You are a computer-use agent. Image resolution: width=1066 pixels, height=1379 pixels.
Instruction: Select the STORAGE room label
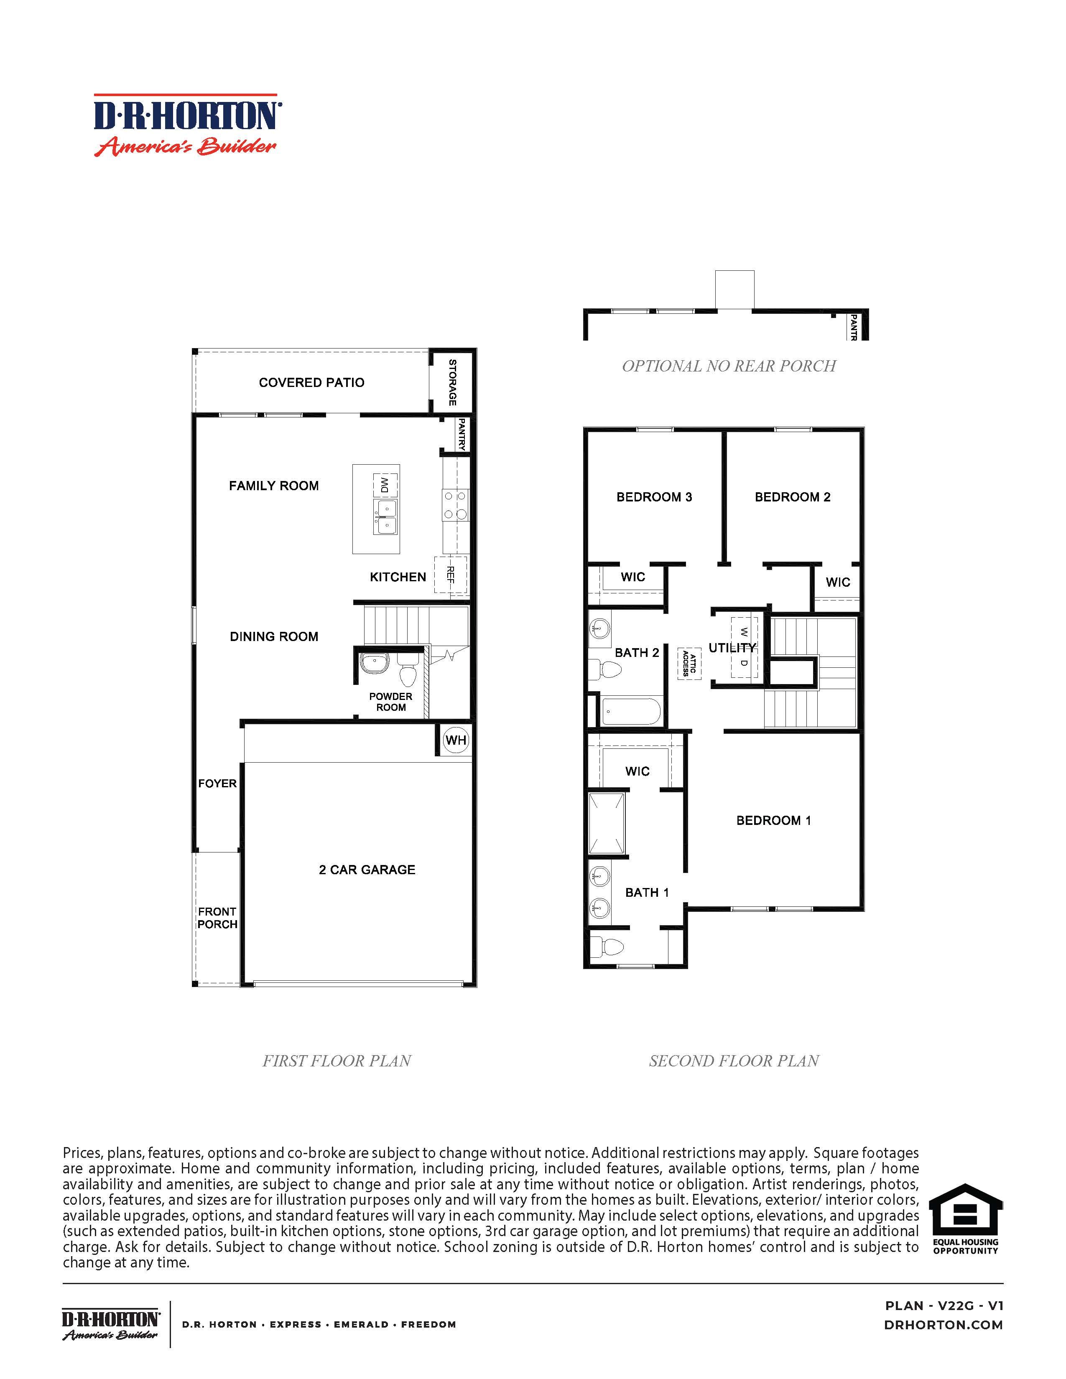pos(452,383)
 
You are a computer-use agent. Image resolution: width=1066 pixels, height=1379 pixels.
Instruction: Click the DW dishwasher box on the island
pos(385,485)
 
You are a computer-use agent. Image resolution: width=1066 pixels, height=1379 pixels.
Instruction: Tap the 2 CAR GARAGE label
pos(367,870)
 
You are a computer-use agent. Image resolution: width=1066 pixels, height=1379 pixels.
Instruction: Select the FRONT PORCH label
pos(217,918)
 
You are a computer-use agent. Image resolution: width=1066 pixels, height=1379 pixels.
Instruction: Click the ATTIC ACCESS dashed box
pos(689,664)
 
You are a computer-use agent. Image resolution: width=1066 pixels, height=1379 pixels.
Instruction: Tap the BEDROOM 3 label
pos(654,497)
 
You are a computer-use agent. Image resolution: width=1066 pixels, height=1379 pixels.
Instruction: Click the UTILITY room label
pos(731,648)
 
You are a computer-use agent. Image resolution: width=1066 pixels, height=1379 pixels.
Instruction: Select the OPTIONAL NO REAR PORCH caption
pos(729,366)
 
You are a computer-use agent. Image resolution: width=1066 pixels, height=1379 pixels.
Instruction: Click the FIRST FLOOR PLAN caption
pos(337,1061)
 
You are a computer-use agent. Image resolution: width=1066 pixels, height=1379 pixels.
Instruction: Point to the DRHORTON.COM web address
pos(944,1325)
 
